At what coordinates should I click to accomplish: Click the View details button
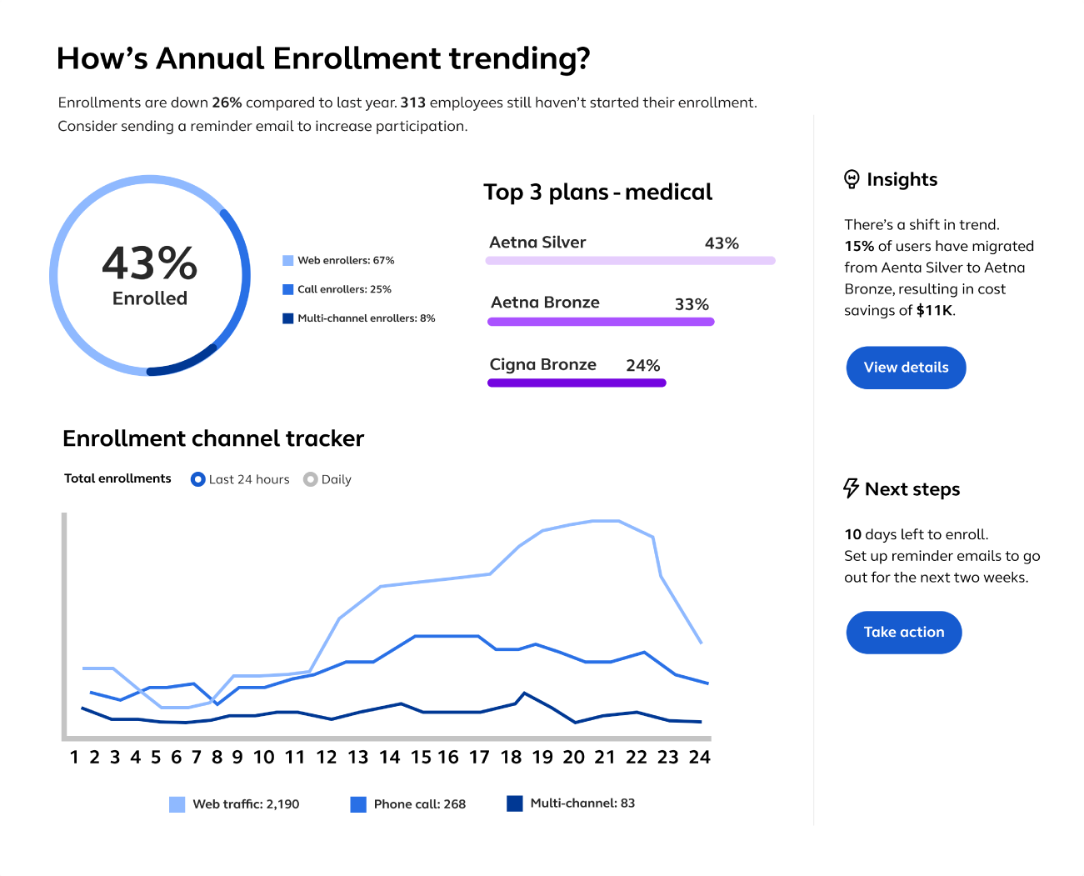[906, 368]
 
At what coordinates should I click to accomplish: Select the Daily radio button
[311, 479]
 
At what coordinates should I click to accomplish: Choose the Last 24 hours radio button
[198, 479]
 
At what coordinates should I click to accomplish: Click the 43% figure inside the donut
[150, 263]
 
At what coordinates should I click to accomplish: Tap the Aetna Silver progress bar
[630, 261]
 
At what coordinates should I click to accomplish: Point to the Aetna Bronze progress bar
[601, 322]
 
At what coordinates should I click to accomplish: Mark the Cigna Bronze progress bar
[577, 383]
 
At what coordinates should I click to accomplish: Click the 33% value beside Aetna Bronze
[692, 304]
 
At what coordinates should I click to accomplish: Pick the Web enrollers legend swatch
[288, 261]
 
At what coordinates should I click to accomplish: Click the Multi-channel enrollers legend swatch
[288, 318]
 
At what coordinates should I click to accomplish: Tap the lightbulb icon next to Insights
[852, 179]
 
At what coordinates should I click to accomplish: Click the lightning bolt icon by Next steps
[851, 488]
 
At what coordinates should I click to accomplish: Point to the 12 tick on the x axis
[327, 757]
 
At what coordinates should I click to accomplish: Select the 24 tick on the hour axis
[699, 757]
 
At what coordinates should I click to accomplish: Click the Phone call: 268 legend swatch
[358, 804]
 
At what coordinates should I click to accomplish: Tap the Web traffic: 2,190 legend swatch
[177, 804]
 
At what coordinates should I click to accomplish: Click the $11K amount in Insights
[934, 311]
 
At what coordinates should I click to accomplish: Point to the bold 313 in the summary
[413, 103]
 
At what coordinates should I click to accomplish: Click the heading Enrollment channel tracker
[213, 438]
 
